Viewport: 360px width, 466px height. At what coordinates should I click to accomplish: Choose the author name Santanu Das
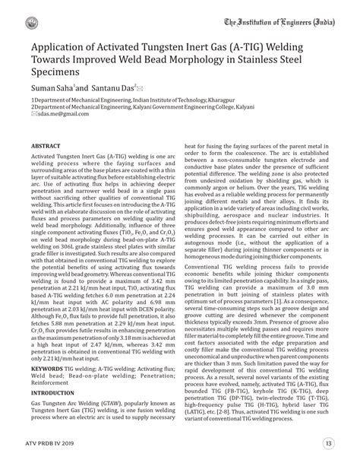[x=112, y=90]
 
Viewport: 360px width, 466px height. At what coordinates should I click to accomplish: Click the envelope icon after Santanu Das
[x=140, y=89]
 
